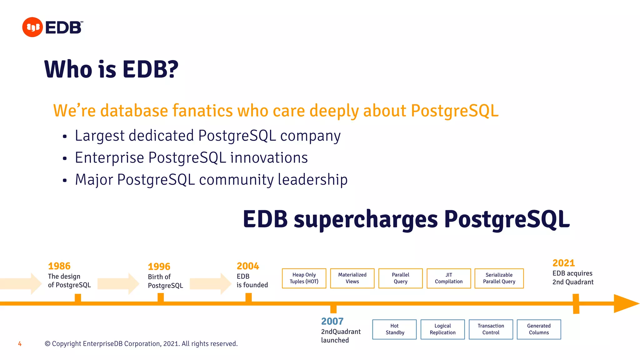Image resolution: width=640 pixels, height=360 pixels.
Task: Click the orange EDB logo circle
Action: [x=32, y=27]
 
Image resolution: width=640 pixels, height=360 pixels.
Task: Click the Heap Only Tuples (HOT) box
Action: [x=304, y=278]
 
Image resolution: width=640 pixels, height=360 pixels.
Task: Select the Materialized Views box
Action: [x=352, y=278]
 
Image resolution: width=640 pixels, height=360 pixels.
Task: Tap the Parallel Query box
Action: [x=400, y=278]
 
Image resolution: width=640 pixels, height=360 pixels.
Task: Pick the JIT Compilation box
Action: [x=448, y=278]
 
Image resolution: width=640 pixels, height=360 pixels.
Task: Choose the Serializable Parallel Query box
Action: [x=499, y=278]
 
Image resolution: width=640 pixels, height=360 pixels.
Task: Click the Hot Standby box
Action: [x=394, y=329]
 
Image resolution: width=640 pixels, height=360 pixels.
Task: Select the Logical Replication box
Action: [x=442, y=329]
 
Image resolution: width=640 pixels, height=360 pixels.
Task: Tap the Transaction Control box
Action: [x=491, y=329]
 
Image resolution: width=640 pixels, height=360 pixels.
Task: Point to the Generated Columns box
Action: [x=539, y=329]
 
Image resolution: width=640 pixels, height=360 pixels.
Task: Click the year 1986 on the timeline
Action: [x=59, y=266]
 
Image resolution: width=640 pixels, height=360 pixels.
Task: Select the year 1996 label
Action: [x=159, y=267]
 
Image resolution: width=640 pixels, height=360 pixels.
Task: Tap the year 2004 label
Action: [x=248, y=266]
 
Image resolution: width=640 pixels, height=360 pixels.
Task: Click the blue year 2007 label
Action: [x=332, y=321]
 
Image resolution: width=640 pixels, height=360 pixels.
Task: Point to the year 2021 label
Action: [x=563, y=263]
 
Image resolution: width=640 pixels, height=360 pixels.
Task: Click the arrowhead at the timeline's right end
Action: [x=625, y=303]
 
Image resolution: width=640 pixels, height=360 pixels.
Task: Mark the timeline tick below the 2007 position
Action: [x=333, y=309]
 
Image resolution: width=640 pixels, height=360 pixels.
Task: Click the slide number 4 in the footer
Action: [x=20, y=344]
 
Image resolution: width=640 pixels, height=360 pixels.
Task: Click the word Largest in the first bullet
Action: [x=100, y=136]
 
